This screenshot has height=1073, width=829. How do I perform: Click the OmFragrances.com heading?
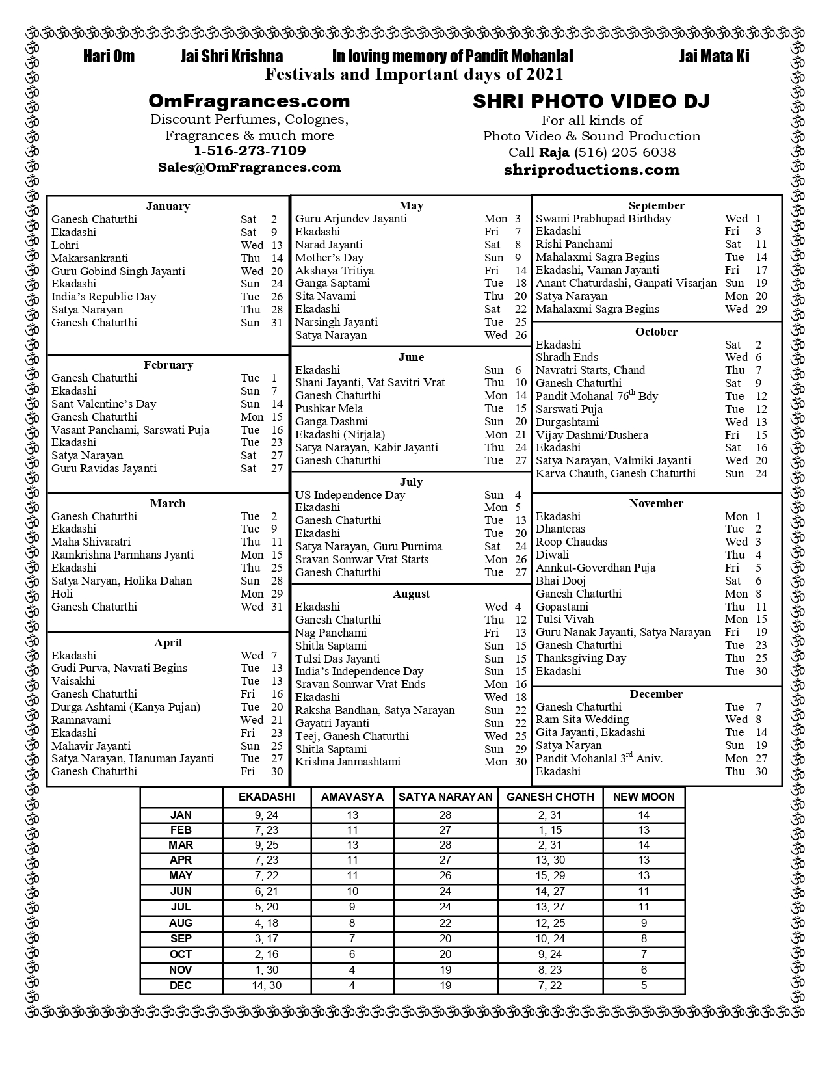coord(249,101)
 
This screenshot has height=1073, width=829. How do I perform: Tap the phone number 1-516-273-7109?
coord(250,151)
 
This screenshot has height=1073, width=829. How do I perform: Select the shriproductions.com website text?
coord(592,170)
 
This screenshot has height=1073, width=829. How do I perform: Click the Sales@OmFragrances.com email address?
coord(249,167)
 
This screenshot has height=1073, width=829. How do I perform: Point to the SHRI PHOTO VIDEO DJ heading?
coord(591,101)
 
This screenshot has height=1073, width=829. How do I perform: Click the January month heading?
coord(168,206)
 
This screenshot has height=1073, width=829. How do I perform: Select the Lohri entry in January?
coord(65,245)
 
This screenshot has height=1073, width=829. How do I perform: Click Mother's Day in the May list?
coord(329,258)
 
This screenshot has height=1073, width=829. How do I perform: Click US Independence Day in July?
coord(350,495)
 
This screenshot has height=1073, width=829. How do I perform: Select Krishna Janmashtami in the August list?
coord(348,762)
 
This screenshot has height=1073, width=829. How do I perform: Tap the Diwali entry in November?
coord(552,555)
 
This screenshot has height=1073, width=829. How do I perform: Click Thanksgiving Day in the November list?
coord(581,658)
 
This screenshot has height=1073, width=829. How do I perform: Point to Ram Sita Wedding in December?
coord(582,719)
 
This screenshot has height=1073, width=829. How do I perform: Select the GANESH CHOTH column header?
coord(550,797)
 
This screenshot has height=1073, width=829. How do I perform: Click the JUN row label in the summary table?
coord(181,891)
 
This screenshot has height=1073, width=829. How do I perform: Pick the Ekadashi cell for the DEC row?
coord(267,985)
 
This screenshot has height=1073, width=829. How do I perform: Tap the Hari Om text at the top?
coord(109,57)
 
